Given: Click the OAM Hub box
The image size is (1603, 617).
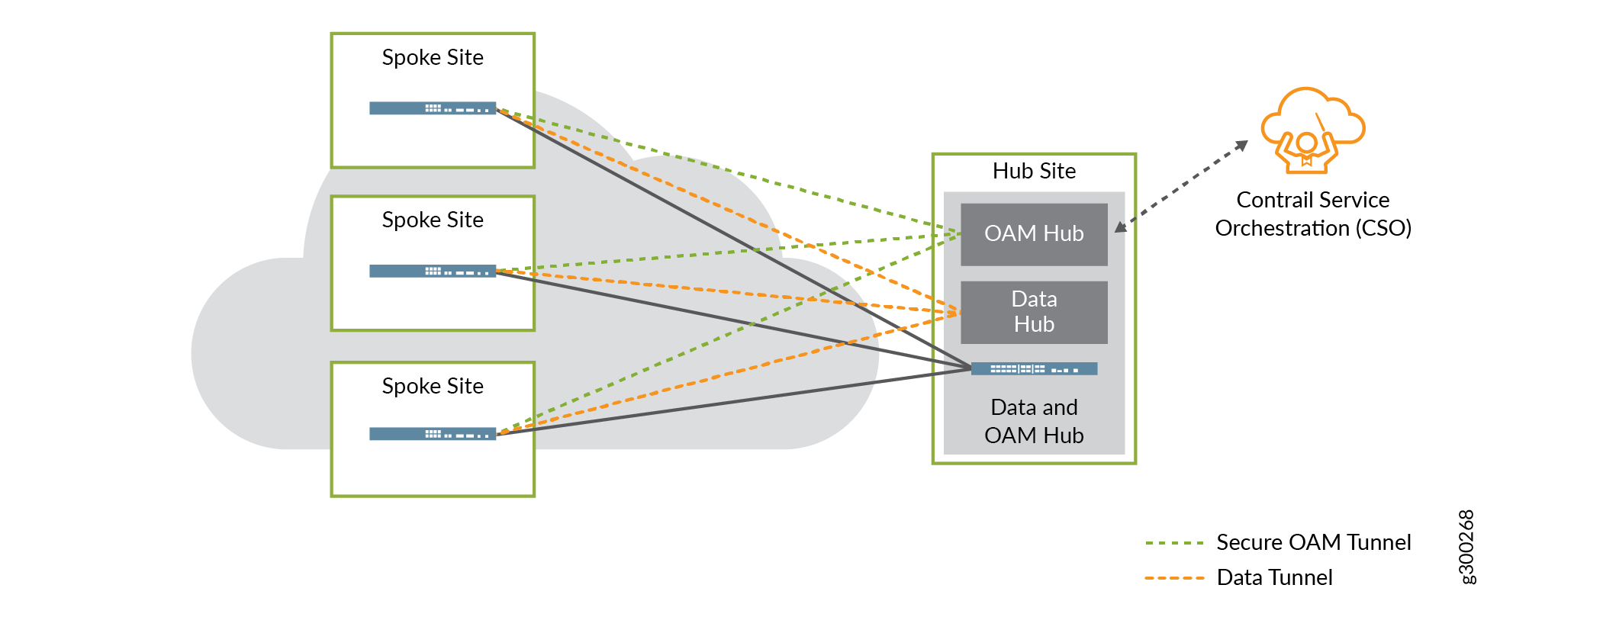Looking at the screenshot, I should click(1033, 234).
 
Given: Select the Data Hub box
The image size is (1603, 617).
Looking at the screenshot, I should click(1033, 312).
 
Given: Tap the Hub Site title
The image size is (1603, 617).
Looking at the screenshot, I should click(1033, 171).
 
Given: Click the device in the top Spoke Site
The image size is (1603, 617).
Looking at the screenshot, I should click(432, 108).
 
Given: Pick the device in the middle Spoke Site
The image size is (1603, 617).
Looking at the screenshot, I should click(432, 271).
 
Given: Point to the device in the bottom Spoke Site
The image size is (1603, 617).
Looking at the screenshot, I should click(432, 434).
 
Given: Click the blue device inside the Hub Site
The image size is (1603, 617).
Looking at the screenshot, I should click(1033, 369).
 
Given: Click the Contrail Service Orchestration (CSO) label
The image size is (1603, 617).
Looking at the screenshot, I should click(1312, 214).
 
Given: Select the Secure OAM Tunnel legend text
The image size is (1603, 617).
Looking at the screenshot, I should click(1313, 542).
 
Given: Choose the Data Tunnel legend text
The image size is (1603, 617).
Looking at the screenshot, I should click(1274, 577).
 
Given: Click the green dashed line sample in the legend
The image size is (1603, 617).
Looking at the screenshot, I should click(1174, 543).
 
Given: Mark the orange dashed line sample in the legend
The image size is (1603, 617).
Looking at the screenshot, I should click(1174, 578).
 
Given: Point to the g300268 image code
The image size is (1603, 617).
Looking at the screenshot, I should click(1466, 547).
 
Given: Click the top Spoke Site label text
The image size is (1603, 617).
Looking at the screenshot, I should click(432, 57).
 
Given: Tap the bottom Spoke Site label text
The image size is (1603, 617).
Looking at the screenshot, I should click(432, 386).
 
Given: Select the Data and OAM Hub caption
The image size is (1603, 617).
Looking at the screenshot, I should click(1033, 421).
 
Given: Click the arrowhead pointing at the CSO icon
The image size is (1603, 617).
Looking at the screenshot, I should click(1242, 145).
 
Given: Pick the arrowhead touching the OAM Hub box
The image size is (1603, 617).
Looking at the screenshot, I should click(1120, 227).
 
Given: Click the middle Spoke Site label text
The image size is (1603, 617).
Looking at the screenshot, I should click(432, 220).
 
